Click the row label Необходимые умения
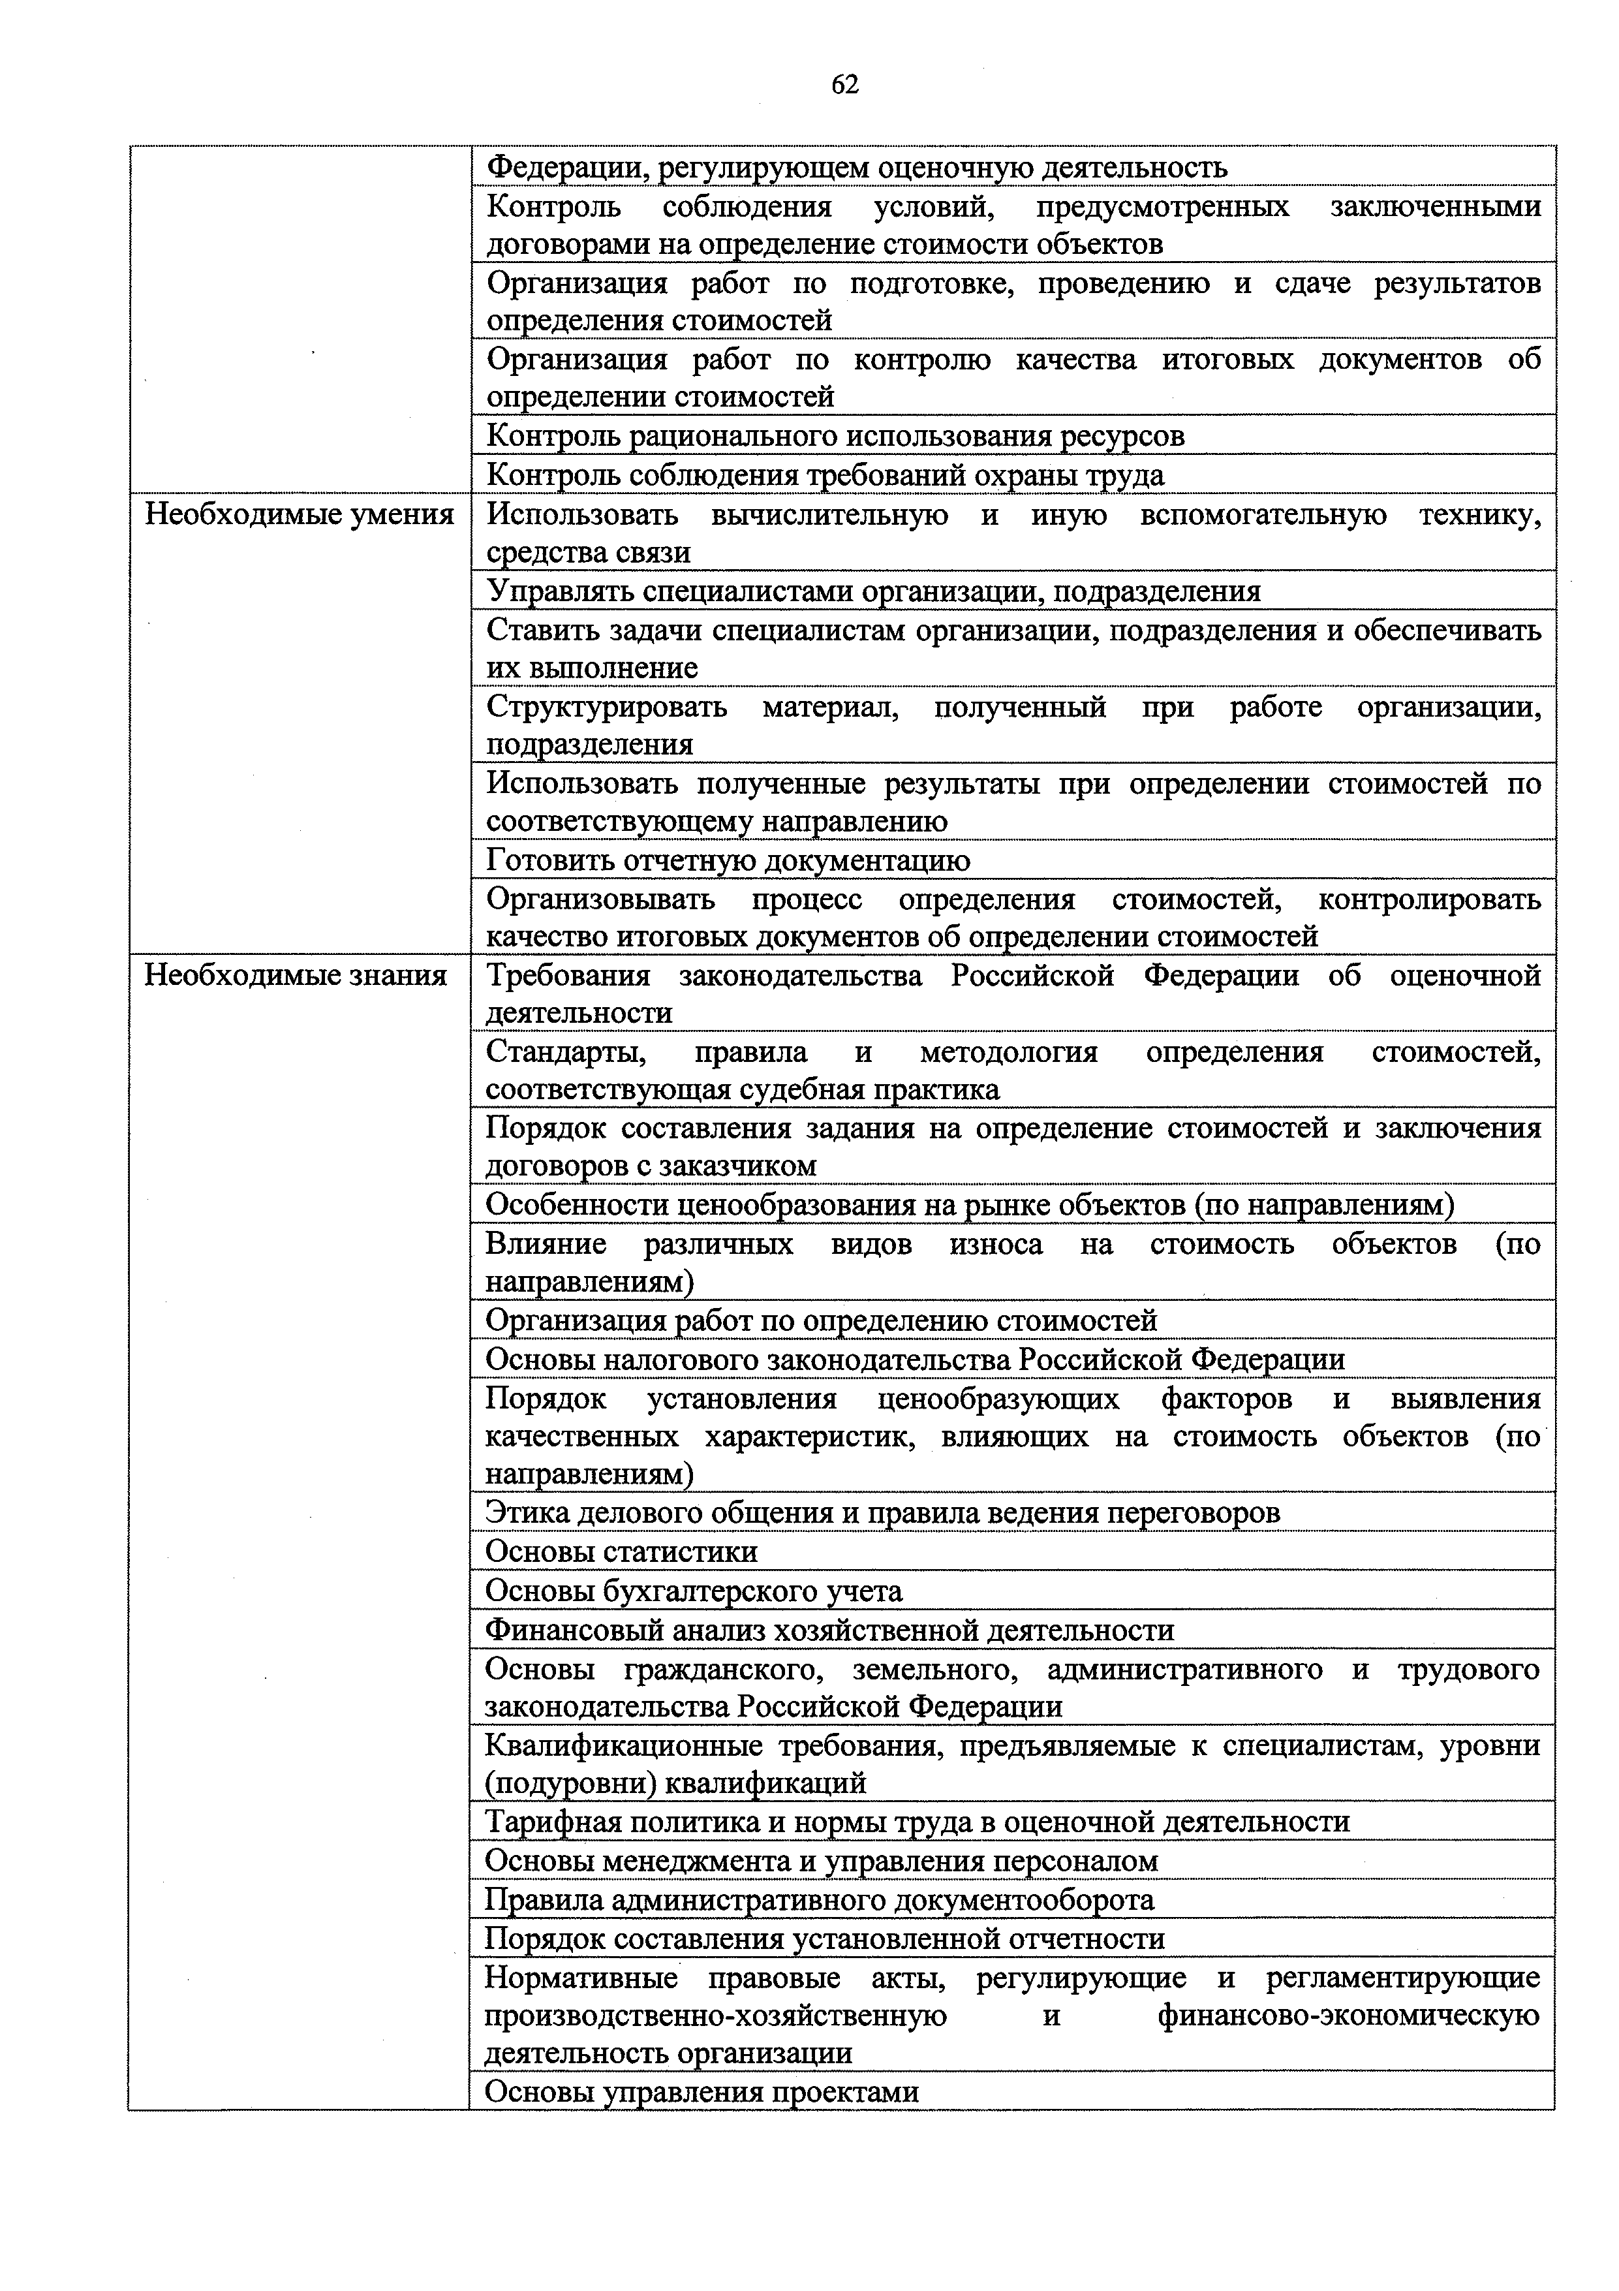pos(300,515)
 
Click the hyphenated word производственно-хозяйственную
pos(715,2015)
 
